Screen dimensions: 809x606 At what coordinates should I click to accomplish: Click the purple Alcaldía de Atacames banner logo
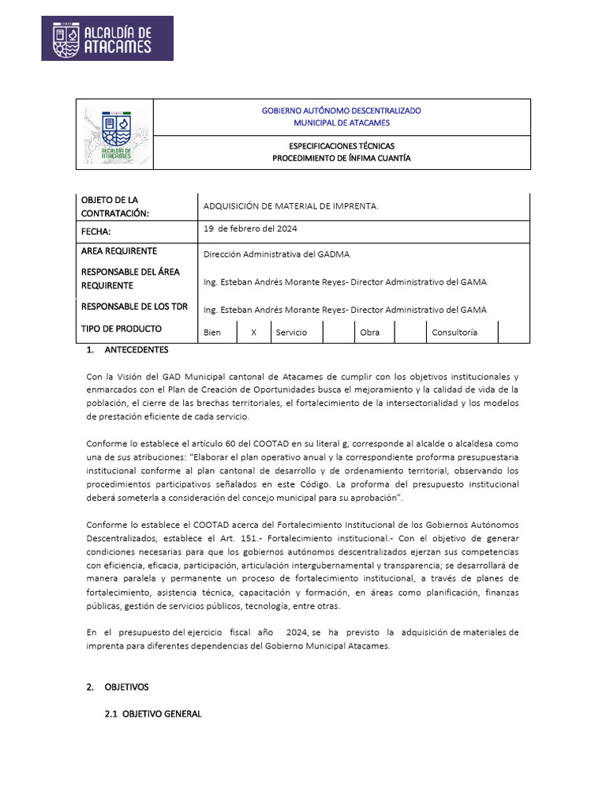(x=107, y=39)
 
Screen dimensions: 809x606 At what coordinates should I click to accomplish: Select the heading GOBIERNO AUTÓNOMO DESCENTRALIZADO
(x=341, y=111)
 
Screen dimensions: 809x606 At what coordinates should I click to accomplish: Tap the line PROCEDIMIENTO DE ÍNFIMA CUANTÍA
(x=341, y=158)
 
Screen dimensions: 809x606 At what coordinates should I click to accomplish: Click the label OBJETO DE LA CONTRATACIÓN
(x=114, y=206)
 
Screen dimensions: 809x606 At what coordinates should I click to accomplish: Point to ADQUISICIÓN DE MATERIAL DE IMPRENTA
(x=290, y=206)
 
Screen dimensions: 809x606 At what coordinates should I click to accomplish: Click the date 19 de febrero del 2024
(x=250, y=228)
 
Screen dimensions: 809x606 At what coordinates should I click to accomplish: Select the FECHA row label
(x=96, y=231)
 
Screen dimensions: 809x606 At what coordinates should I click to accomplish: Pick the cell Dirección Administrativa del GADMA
(x=276, y=254)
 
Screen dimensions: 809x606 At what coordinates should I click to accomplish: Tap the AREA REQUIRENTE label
(x=118, y=251)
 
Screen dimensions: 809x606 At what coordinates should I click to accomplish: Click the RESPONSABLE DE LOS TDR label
(x=134, y=307)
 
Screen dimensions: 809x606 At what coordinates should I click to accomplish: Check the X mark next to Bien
(x=253, y=333)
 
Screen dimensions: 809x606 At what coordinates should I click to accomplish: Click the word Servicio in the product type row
(x=291, y=333)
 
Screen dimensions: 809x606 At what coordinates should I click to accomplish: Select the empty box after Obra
(x=410, y=332)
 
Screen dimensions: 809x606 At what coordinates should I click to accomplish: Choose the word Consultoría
(x=454, y=333)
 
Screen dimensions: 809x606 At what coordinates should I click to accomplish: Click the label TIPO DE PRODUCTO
(x=122, y=329)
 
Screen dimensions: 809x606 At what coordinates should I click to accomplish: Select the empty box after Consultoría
(x=514, y=332)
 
